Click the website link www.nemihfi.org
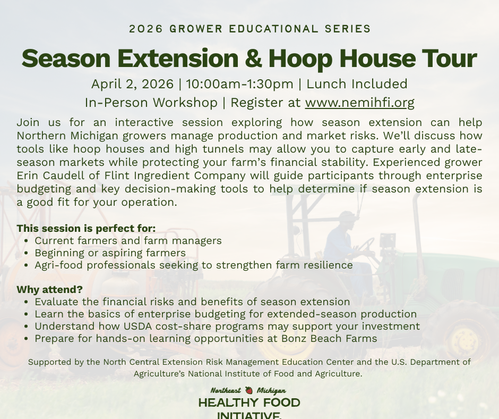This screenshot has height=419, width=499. (x=359, y=102)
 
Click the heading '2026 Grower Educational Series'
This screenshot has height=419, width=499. (x=249, y=29)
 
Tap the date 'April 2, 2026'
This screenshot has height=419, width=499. (x=132, y=84)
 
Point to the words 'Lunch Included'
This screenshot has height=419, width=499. (x=357, y=84)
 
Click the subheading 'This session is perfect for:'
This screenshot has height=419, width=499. (x=86, y=229)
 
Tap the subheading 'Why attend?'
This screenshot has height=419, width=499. (x=50, y=290)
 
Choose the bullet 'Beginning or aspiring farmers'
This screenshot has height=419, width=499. (x=110, y=253)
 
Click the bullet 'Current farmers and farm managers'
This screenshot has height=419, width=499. (x=128, y=241)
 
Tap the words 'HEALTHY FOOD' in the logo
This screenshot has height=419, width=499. (x=249, y=403)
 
